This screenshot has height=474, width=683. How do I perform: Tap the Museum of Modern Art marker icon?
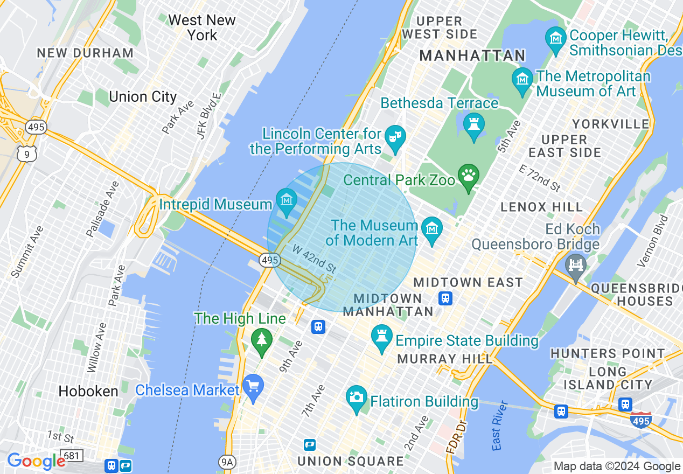click(431, 228)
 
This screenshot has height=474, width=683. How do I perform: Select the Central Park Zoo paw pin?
click(469, 176)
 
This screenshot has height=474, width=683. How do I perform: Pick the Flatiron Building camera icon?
click(356, 398)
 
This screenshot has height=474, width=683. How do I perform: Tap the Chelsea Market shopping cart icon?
click(253, 386)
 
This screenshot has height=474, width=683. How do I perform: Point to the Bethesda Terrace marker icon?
click(474, 125)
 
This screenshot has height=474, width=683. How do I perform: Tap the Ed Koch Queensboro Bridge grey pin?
click(576, 266)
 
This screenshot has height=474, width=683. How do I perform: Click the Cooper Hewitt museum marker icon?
click(555, 38)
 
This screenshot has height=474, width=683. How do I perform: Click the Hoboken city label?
click(88, 392)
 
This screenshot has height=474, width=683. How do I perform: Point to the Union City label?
click(143, 97)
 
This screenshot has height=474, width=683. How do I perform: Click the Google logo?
click(36, 461)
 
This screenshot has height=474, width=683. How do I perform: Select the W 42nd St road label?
click(315, 259)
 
